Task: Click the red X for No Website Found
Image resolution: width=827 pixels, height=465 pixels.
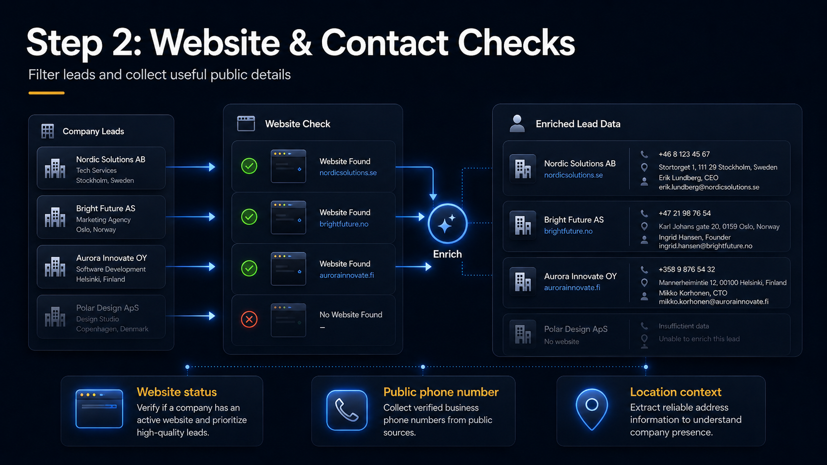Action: (x=249, y=319)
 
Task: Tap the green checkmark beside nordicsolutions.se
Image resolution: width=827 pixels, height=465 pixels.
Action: (x=249, y=166)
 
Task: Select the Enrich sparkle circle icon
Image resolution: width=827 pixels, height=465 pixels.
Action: (x=448, y=223)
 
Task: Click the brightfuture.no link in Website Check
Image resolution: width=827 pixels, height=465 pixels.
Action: (x=344, y=224)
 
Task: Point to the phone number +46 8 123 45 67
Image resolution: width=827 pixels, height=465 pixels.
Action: (x=684, y=154)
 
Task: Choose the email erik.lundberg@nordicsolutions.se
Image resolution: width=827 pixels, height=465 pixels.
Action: (x=709, y=187)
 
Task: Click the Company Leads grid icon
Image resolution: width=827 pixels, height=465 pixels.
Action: (x=47, y=131)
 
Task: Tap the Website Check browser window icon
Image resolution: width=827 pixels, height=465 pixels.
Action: (x=246, y=124)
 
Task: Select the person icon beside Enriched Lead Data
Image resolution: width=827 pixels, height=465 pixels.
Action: (x=517, y=124)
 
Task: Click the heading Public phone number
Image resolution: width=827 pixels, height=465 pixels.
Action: (x=441, y=392)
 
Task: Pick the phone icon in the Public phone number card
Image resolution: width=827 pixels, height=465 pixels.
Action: (x=347, y=410)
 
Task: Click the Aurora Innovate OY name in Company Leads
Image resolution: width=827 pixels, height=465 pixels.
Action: (x=111, y=258)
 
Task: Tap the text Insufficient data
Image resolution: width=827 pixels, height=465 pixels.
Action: (x=684, y=326)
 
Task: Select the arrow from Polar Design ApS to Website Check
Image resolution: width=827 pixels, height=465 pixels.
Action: (x=190, y=316)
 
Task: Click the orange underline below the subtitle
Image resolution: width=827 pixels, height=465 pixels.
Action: (x=46, y=93)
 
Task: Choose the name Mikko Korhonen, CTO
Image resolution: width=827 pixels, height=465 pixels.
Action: (x=693, y=293)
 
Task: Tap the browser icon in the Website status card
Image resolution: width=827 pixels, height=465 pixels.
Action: (x=99, y=409)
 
